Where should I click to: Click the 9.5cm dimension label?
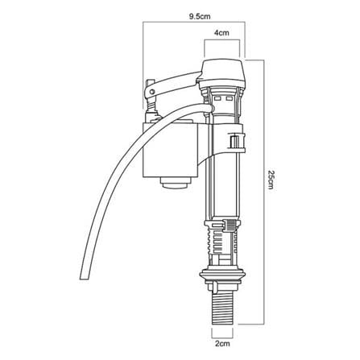200,16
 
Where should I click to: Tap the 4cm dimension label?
221,33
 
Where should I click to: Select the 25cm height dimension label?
271,180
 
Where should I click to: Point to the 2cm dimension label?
222,343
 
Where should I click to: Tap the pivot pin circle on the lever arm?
152,92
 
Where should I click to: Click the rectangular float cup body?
170,150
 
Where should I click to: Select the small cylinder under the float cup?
176,183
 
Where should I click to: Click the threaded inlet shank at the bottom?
222,307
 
